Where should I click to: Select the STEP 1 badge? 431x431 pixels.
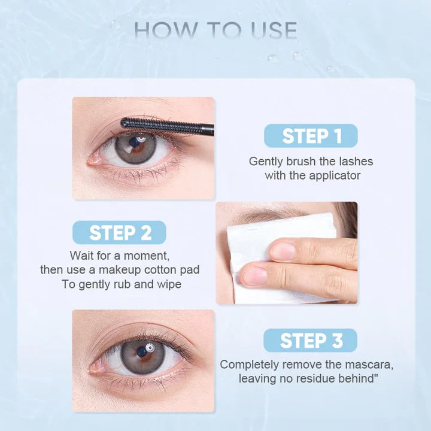click(311, 135)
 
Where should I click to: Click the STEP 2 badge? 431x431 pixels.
click(119, 232)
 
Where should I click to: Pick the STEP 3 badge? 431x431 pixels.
click(310, 340)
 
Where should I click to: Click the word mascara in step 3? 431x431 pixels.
click(372, 364)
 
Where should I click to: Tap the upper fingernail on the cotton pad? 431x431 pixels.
click(282, 251)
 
